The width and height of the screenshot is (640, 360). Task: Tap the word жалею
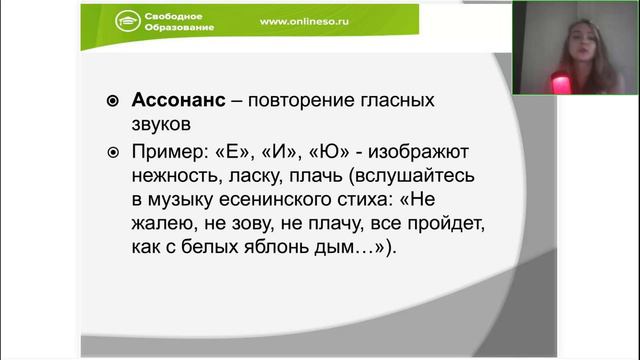[163, 222]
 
